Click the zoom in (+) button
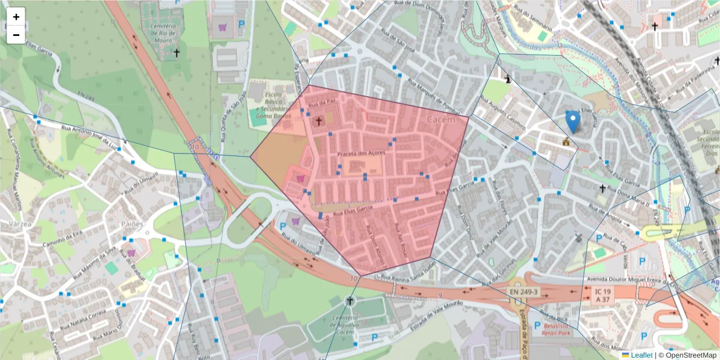[16, 17]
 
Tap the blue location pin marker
[573, 121]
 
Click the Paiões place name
[133, 223]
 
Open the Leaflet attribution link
[641, 355]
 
